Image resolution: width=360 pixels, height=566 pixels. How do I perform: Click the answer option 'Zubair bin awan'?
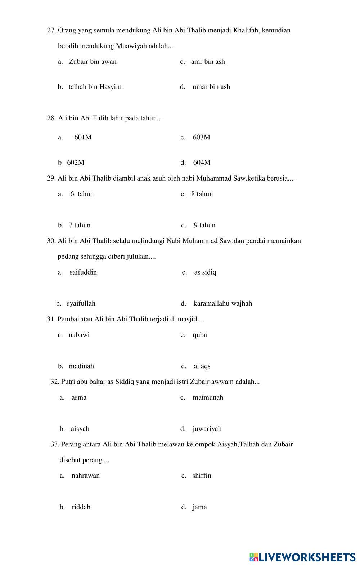93,62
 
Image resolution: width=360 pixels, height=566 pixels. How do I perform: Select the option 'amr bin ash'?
208,62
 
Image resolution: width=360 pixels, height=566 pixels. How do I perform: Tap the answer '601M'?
83,137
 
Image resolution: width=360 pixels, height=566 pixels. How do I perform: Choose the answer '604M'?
202,162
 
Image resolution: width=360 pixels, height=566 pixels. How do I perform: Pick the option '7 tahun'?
80,225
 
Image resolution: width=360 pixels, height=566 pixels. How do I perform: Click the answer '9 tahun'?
204,225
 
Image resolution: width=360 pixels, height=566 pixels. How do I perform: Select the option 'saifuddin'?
83,272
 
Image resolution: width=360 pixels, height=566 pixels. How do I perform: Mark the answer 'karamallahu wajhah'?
222,303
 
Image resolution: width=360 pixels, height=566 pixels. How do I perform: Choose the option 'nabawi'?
79,335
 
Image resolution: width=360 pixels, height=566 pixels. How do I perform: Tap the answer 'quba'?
200,335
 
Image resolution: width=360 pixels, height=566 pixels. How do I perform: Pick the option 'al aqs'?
202,366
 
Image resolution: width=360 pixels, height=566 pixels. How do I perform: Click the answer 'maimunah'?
208,397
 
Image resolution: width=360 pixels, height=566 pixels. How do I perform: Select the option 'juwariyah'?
207,429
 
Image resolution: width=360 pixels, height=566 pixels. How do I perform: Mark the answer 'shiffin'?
202,476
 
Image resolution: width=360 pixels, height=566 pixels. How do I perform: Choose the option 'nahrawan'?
86,476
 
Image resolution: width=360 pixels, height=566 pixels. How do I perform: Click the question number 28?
51,118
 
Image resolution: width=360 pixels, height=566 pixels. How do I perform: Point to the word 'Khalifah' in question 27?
246,30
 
